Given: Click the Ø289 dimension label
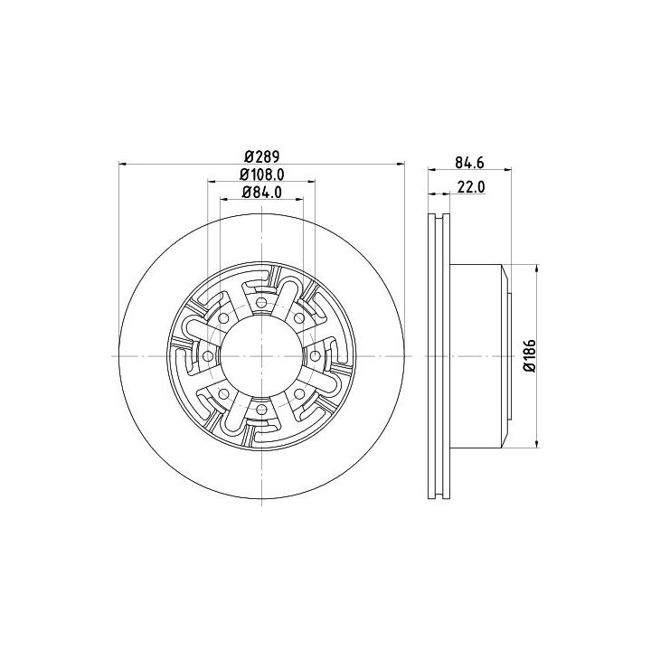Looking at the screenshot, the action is pyautogui.click(x=262, y=157).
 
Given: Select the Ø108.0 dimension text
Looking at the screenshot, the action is pyautogui.click(x=262, y=175).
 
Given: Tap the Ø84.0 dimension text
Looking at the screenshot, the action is pyautogui.click(x=262, y=193).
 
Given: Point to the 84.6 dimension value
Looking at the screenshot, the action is pyautogui.click(x=469, y=163).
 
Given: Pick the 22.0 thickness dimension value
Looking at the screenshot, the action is pyautogui.click(x=471, y=187).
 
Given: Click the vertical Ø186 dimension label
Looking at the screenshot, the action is pyautogui.click(x=530, y=355).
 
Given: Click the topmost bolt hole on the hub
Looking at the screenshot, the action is pyautogui.click(x=261, y=302).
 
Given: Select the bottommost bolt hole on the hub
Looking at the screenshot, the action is pyautogui.click(x=261, y=410).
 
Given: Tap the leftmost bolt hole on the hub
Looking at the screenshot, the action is pyautogui.click(x=207, y=356).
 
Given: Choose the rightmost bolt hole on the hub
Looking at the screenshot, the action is pyautogui.click(x=316, y=356).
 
